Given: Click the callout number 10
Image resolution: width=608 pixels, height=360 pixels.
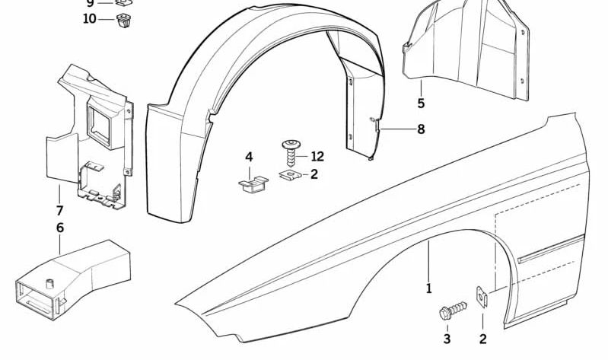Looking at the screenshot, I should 90,18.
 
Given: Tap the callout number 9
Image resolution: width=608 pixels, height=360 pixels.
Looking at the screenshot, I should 90,3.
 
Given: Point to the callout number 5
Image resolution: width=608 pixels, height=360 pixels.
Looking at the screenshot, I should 420,103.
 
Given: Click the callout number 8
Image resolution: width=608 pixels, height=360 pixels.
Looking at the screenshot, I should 420,129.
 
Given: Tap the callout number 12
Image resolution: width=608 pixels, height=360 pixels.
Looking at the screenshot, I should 317,157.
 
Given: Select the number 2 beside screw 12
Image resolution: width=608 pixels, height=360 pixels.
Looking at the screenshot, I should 314,175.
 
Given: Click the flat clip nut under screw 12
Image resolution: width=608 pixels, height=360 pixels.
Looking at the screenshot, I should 288,176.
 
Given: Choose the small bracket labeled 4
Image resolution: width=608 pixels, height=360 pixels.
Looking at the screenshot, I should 250,185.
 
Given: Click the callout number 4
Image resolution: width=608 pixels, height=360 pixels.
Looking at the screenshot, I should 249,157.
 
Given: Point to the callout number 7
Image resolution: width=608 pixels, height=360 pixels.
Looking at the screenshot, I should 59,210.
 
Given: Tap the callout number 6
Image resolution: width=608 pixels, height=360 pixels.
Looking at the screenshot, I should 59,227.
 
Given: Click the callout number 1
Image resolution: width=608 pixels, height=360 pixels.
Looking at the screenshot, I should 428,288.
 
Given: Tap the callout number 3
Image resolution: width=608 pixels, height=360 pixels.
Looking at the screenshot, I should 447,339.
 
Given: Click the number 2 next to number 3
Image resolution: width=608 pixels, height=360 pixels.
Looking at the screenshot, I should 482,339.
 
